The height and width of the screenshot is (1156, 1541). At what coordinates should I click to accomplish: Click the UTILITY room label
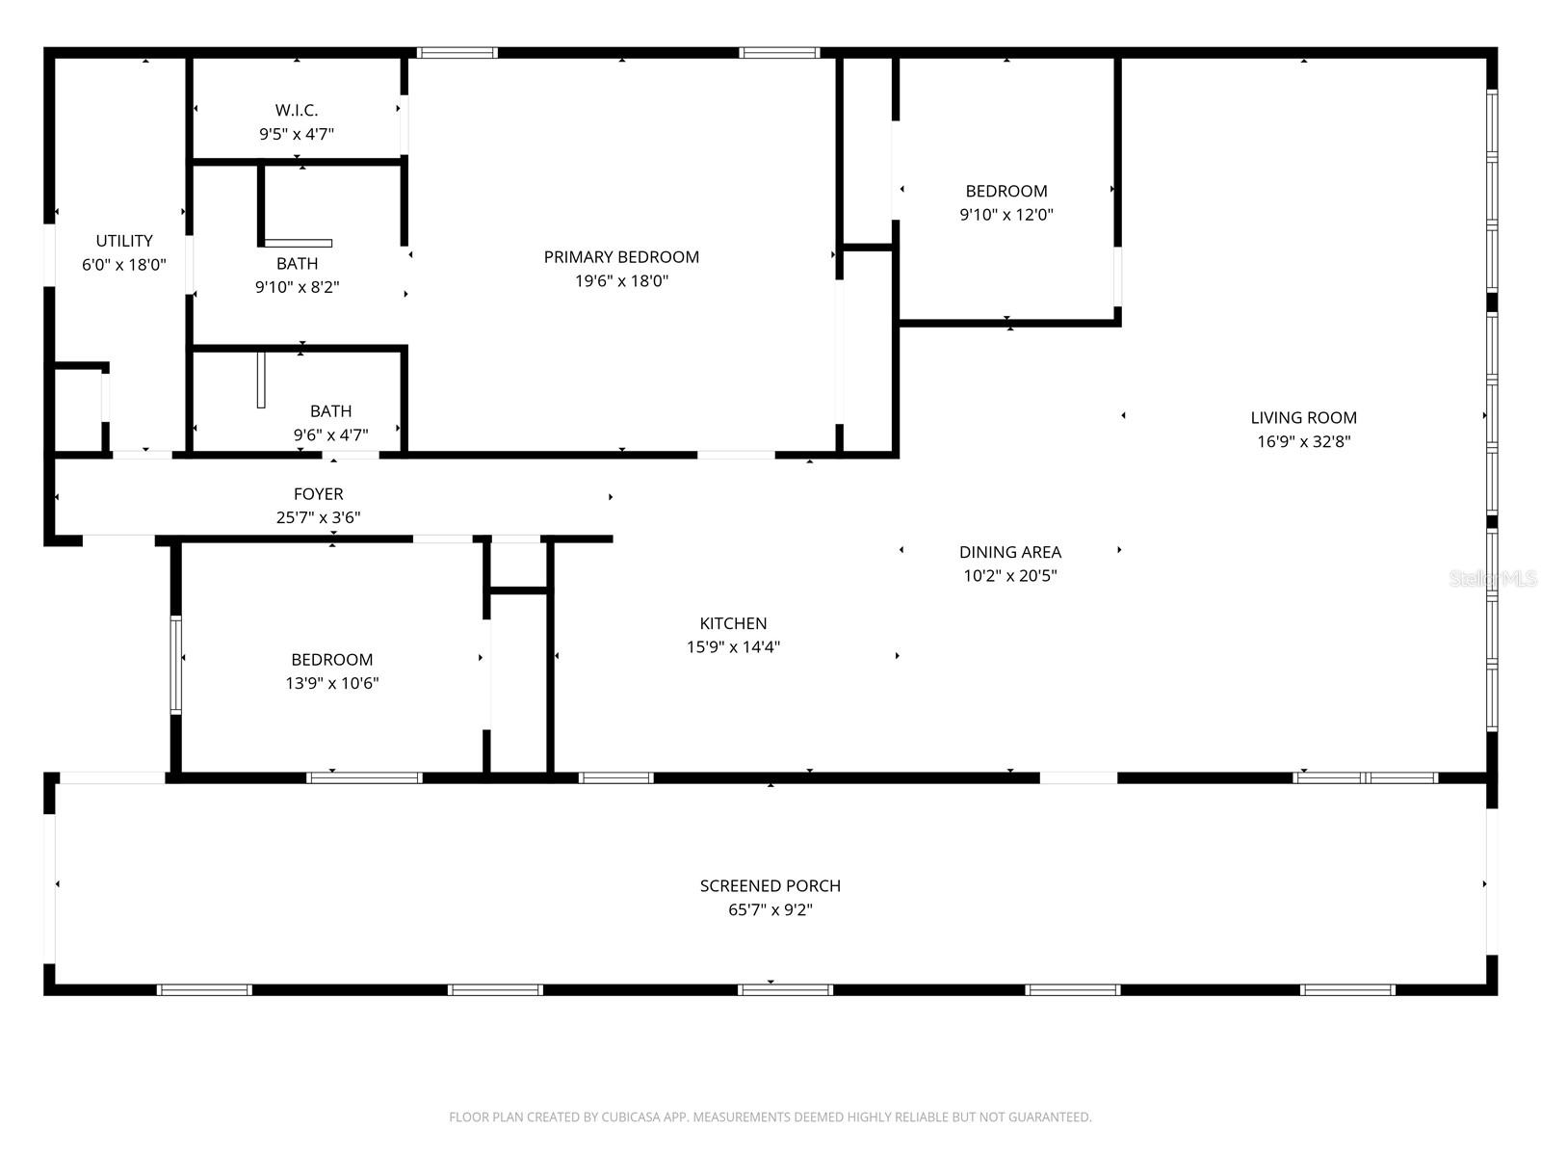[124, 241]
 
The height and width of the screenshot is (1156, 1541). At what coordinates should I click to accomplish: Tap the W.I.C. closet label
[297, 111]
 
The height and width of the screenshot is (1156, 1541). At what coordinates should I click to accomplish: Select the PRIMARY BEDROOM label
[621, 257]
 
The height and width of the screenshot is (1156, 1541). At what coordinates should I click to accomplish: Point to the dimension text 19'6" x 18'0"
[621, 281]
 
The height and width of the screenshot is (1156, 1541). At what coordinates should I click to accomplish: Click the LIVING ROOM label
[1303, 418]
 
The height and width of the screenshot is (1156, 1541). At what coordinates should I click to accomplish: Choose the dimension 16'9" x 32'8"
[1303, 442]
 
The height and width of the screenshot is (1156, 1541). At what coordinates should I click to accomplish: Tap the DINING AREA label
[1010, 552]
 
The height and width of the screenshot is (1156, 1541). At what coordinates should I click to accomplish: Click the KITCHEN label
[733, 623]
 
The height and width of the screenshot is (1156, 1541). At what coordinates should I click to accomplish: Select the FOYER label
[318, 494]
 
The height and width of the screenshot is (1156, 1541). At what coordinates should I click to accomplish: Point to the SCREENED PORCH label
[770, 885]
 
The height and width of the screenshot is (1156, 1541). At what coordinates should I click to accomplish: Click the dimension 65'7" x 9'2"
[770, 910]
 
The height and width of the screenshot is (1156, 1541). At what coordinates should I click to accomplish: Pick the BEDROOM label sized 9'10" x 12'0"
[1006, 191]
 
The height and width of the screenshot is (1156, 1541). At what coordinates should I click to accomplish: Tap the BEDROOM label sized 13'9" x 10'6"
[331, 660]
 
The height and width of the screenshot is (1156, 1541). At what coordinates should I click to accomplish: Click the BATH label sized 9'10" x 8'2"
[297, 263]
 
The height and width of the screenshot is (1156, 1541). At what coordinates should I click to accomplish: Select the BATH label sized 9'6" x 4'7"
[330, 411]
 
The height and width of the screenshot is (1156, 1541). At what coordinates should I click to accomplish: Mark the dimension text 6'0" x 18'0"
[124, 265]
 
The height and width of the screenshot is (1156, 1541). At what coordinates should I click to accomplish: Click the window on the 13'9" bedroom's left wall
[175, 665]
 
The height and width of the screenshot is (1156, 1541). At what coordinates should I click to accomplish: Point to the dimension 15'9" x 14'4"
[733, 647]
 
